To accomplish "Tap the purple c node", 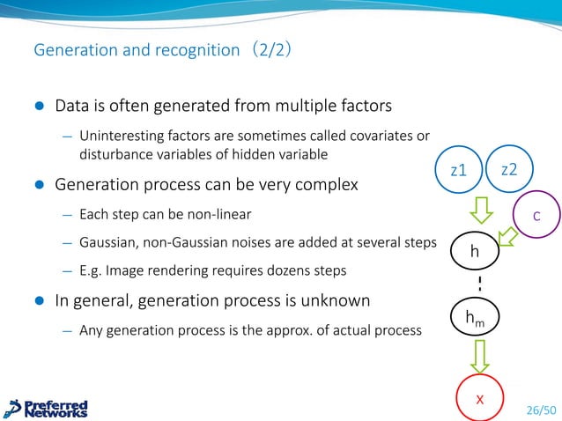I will (x=536, y=216).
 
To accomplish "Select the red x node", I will (x=479, y=399).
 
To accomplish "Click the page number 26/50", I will (x=541, y=410).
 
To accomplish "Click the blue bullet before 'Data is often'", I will (x=39, y=107).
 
